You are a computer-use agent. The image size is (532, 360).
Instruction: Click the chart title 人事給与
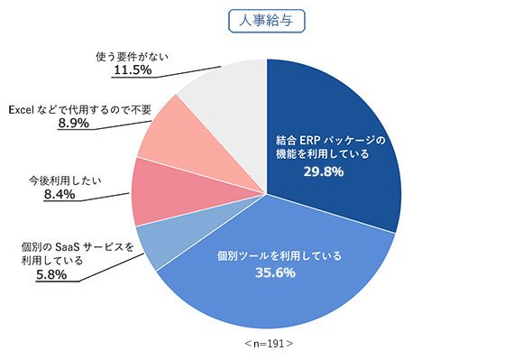(266, 21)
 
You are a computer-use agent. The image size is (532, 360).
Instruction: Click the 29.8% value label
(324, 171)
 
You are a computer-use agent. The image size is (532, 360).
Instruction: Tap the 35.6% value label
(275, 272)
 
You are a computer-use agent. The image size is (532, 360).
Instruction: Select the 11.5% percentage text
(133, 70)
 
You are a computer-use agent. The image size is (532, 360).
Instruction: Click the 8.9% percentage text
(74, 123)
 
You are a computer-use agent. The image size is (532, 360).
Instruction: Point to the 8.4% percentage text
(60, 194)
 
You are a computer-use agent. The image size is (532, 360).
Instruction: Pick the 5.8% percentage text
(51, 275)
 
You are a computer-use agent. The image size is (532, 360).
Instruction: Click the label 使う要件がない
(132, 56)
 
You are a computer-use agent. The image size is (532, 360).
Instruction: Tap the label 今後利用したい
(65, 180)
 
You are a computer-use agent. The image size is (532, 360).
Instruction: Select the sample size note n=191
(269, 344)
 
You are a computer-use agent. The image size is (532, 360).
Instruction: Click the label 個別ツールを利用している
(280, 255)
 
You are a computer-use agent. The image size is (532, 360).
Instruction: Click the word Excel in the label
(21, 110)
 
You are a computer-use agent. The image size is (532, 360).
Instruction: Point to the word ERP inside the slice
(310, 140)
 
